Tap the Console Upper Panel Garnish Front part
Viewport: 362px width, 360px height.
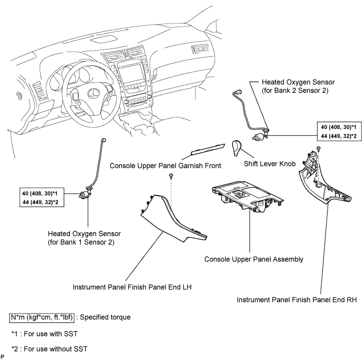(208, 149)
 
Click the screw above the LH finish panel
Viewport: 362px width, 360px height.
(171, 176)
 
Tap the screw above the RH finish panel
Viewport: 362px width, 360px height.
(319, 148)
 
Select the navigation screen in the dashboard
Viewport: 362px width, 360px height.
(130, 74)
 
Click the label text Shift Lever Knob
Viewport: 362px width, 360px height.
(270, 164)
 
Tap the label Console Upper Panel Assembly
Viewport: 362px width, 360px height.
(254, 259)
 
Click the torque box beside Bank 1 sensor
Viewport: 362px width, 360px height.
(42, 197)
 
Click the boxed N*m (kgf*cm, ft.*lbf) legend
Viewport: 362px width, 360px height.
(42, 318)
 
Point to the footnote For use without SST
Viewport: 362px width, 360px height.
(50, 349)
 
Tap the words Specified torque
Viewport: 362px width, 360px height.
(105, 317)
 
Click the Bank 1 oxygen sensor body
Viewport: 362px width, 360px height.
(85, 195)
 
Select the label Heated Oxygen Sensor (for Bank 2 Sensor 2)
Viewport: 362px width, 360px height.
(298, 87)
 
